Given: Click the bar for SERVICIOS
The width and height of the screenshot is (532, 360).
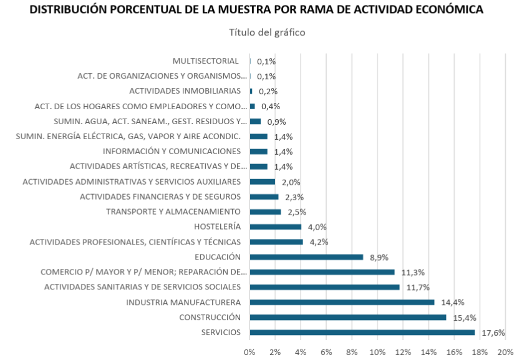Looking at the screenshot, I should pyautogui.click(x=362, y=333).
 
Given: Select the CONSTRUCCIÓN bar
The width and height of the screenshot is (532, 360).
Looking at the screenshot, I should pyautogui.click(x=347, y=318).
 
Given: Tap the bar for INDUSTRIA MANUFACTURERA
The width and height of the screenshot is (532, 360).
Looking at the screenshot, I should pyautogui.click(x=342, y=303).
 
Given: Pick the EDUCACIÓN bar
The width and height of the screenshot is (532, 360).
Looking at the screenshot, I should pyautogui.click(x=306, y=257).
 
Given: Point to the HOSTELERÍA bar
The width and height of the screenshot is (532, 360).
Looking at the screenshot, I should pyautogui.click(x=275, y=227).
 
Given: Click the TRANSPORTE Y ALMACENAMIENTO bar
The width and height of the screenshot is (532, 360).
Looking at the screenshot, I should pyautogui.click(x=265, y=212).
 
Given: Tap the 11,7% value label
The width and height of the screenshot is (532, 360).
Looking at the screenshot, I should pyautogui.click(x=416, y=288).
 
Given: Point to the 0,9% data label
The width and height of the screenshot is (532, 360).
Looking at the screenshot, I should pyautogui.click(x=276, y=122).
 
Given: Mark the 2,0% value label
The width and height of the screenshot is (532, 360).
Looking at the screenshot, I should pyautogui.click(x=291, y=182).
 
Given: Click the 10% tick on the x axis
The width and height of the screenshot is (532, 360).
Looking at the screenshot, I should pyautogui.click(x=377, y=352).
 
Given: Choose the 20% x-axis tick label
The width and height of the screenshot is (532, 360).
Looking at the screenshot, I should pyautogui.click(x=505, y=352).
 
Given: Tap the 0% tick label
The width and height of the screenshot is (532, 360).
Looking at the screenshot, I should pyautogui.click(x=249, y=352).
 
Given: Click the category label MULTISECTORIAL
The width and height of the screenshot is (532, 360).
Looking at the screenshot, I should pyautogui.click(x=206, y=61).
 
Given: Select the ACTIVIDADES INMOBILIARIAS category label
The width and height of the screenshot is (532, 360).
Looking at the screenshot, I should pyautogui.click(x=189, y=91).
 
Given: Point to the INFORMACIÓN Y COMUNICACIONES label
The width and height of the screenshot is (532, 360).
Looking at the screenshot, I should pyautogui.click(x=172, y=152).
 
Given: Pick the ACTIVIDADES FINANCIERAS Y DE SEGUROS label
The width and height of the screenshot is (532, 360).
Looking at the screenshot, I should pyautogui.click(x=160, y=197).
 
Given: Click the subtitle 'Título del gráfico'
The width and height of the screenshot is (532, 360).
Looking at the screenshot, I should pyautogui.click(x=267, y=32).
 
